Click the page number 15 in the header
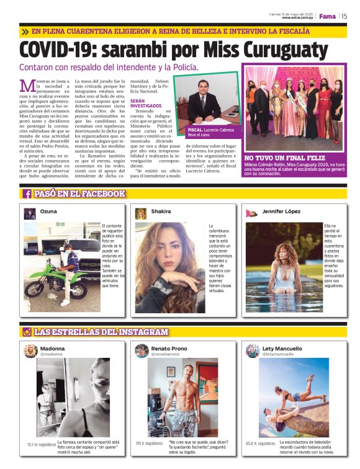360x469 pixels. (344, 16)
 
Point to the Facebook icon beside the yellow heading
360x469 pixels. (27, 194)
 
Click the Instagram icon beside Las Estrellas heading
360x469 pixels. (27, 332)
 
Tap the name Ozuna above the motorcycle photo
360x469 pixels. (48, 212)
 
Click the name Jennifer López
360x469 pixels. (281, 212)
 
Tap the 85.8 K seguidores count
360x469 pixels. (260, 444)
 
